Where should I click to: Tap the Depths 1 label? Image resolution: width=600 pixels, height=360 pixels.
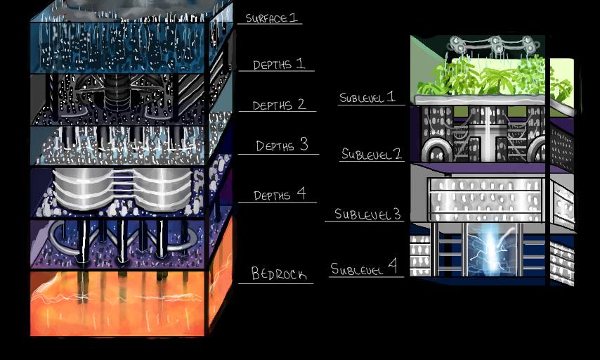coord(279,64)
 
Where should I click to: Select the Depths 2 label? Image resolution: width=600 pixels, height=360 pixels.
coord(279,105)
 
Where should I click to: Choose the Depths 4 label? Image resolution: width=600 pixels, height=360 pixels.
coord(279,194)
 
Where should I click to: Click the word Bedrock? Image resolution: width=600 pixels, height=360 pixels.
coord(279,274)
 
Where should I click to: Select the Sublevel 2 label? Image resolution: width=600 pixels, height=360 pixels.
coord(372,154)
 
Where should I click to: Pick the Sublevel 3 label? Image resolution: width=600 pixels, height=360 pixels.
coord(367,214)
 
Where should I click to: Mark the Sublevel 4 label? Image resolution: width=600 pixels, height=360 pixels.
coord(364,268)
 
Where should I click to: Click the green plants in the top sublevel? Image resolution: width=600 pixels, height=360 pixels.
coord(492,76)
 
